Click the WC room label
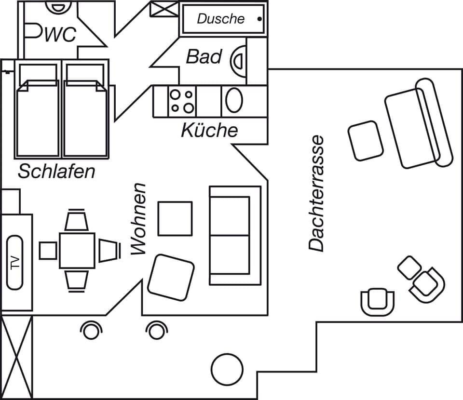(x=60, y=34)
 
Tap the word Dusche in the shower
(x=221, y=19)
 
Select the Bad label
(x=204, y=57)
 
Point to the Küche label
(x=209, y=130)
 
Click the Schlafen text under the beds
(x=56, y=171)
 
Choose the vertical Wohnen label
(x=139, y=219)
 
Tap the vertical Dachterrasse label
(x=317, y=193)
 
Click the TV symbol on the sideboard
(x=15, y=262)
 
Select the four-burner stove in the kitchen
(x=182, y=101)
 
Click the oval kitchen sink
(x=234, y=101)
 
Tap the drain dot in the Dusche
(x=259, y=19)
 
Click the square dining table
(x=77, y=250)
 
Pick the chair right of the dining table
(x=109, y=250)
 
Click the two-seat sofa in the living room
(x=234, y=235)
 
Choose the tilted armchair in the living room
(x=171, y=277)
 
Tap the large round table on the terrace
(x=227, y=369)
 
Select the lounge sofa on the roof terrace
(x=417, y=124)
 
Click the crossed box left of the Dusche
(x=164, y=9)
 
